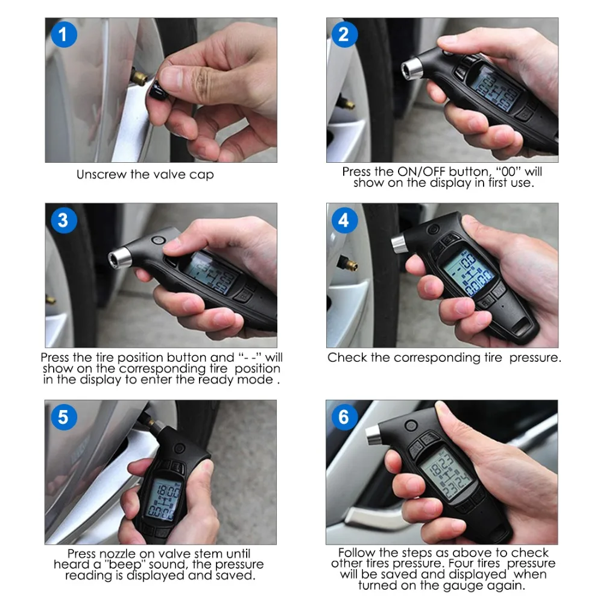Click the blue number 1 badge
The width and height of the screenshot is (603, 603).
click(x=64, y=34)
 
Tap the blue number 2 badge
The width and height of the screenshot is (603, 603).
click(x=344, y=34)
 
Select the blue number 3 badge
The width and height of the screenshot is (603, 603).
click(x=64, y=220)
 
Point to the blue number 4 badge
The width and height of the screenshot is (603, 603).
click(x=344, y=220)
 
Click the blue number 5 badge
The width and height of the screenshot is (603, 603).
click(x=64, y=417)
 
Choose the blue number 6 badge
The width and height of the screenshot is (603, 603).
click(x=344, y=417)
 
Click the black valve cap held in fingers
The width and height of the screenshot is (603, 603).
click(x=157, y=93)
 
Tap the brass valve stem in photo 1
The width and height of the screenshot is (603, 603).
click(x=139, y=76)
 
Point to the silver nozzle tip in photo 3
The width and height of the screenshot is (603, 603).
click(x=119, y=257)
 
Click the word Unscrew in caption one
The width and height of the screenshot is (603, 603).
click(x=101, y=174)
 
